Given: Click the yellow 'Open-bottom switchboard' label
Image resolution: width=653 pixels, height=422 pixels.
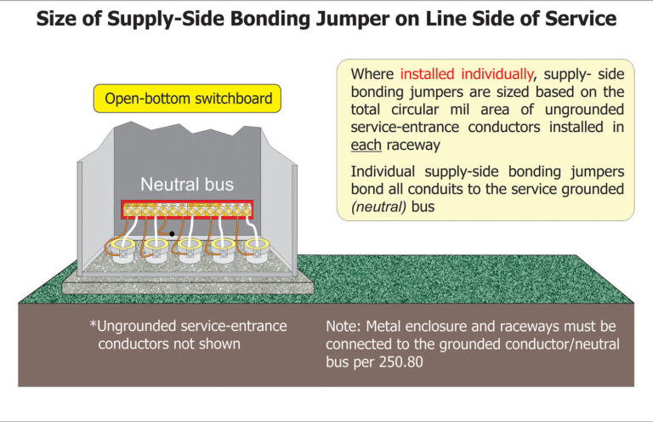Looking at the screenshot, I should tap(189, 99).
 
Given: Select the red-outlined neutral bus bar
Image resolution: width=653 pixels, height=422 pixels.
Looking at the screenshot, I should tap(187, 209).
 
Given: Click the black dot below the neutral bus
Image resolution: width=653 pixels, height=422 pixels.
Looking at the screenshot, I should tap(172, 233).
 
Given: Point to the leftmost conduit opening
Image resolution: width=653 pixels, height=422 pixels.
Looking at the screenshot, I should tap(120, 248).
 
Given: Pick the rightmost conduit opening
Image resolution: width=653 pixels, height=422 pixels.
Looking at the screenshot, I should tap(254, 248).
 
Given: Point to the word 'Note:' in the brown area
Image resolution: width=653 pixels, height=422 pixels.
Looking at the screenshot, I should tap(345, 327).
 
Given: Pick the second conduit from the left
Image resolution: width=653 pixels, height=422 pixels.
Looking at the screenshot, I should tap(154, 248).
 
